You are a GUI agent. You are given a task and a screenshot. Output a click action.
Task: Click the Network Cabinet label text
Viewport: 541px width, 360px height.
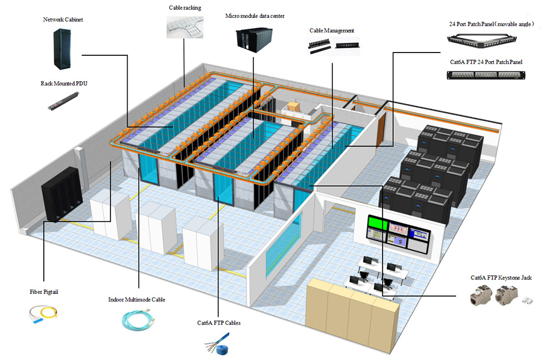click(63, 20)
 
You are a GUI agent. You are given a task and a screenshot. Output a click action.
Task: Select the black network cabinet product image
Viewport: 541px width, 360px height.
click(64, 49)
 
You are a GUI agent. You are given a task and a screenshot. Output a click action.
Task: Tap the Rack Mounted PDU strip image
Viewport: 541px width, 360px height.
click(64, 101)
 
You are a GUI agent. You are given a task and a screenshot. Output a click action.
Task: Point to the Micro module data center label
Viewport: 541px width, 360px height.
click(255, 16)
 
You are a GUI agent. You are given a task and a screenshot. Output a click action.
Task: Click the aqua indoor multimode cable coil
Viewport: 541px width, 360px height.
click(136, 319)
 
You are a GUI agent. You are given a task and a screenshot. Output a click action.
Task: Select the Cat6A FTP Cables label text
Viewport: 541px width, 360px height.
click(219, 323)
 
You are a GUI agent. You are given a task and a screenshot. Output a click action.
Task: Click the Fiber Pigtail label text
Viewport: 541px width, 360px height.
click(44, 292)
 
